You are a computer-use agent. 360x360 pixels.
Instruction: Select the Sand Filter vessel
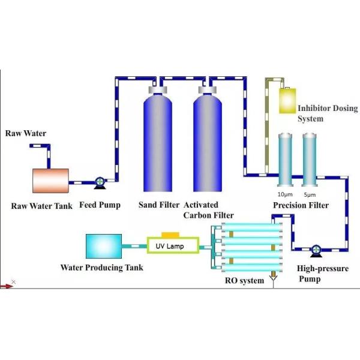(x=157, y=144)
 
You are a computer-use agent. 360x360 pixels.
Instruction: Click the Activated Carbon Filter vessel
(x=208, y=144)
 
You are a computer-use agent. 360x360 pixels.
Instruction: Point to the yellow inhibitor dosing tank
(x=289, y=101)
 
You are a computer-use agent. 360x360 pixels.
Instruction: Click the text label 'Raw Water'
(x=26, y=133)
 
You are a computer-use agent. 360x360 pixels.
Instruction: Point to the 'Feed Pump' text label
(x=100, y=205)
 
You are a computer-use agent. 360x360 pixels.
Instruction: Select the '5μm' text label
(x=310, y=194)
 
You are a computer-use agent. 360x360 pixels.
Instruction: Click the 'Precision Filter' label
(x=301, y=206)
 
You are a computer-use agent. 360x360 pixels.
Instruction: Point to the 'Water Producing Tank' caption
(x=102, y=268)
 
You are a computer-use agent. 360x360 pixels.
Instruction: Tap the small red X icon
(x=13, y=281)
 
